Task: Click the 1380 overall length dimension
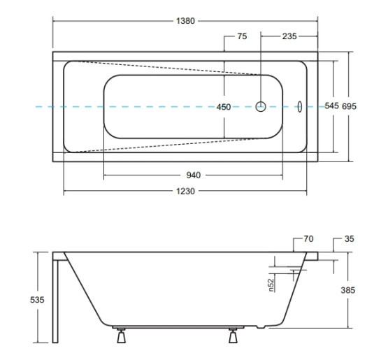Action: pos(185,21)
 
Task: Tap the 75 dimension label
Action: pos(242,36)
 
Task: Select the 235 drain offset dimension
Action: pos(289,36)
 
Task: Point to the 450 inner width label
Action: pos(224,107)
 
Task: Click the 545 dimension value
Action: pos(331,106)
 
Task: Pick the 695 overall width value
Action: pos(349,106)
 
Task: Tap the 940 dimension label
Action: pos(193,175)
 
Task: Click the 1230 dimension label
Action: pos(185,192)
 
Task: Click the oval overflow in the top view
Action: pos(300,107)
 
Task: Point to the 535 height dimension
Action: pos(37,300)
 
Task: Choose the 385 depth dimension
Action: pos(348,290)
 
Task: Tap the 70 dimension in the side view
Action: pos(308,239)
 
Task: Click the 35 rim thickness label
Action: pos(349,239)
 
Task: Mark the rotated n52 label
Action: pos(271,285)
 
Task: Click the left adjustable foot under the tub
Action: pos(121,336)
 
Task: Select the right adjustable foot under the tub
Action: pos(233,336)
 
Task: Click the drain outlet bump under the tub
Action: pos(261,327)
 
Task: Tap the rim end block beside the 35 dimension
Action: pos(312,256)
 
